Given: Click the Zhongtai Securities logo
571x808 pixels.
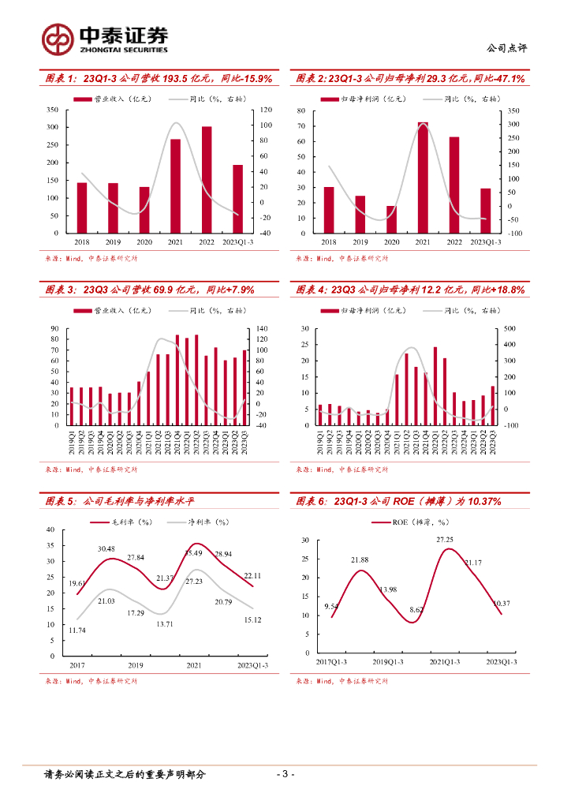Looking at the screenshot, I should pos(105,38).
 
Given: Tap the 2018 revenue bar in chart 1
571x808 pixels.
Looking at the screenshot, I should pos(81,208).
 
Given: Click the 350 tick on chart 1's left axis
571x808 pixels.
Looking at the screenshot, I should pos(51,109).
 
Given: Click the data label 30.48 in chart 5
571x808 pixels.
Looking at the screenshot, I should pos(106,548).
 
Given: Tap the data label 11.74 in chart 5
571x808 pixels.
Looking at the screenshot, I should pos(77,630).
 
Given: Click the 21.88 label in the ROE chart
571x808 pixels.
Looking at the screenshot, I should pos(360,560).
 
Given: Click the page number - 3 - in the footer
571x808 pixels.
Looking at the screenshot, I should pos(285,774).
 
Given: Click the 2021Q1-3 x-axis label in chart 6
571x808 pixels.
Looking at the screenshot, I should pos(445,663).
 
